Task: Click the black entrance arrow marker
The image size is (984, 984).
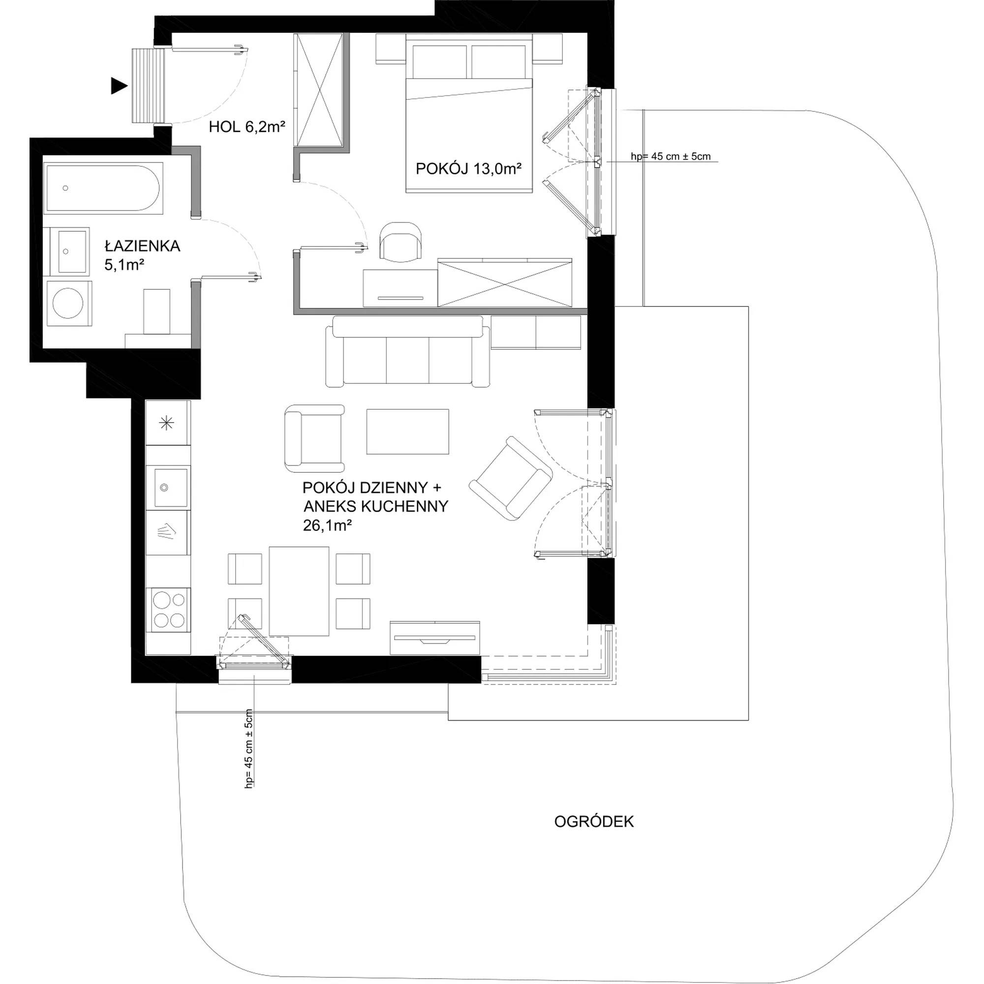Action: [119, 87]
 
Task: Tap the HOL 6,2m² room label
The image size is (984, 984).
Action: [246, 127]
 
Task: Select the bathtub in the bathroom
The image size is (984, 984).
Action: [103, 187]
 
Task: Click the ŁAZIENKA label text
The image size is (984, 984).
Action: [143, 246]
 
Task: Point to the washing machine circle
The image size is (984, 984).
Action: [68, 304]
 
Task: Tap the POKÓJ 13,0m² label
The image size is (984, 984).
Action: [468, 169]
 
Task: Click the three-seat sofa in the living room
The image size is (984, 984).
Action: [407, 351]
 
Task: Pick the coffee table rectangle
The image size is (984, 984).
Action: [407, 431]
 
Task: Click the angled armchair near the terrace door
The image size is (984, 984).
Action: [510, 479]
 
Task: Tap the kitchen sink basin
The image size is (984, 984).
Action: [171, 488]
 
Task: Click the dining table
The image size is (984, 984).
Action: [299, 591]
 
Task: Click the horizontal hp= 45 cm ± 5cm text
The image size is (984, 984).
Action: [670, 156]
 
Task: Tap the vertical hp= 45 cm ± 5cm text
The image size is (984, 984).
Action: [249, 748]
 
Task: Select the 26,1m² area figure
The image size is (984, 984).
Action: [328, 525]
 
